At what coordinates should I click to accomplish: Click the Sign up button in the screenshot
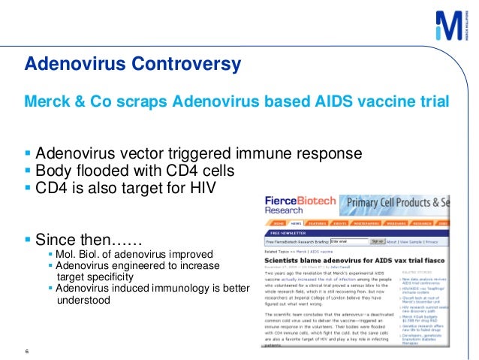coord(378,242)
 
